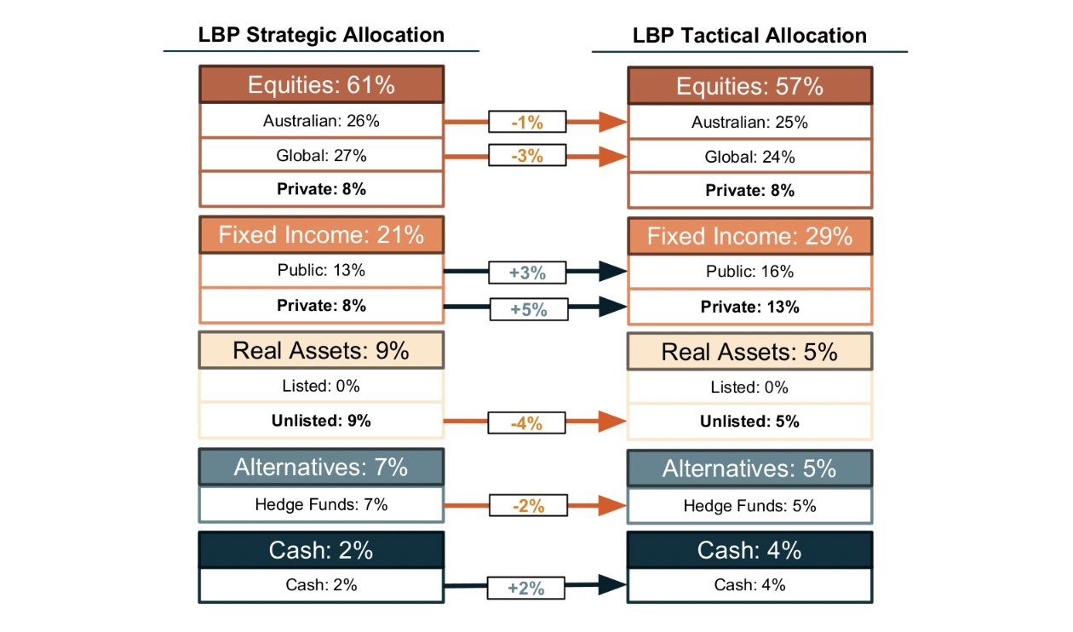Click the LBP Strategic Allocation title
[x=321, y=35]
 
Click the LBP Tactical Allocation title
[x=749, y=36]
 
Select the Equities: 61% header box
[x=321, y=84]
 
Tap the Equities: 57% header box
[x=749, y=86]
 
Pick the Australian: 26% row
[x=321, y=121]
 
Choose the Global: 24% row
[x=749, y=157]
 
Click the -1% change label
[x=527, y=123]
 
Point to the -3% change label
[x=527, y=156]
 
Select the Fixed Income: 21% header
[x=321, y=234]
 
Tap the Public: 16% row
[x=749, y=272]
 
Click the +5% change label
[x=528, y=309]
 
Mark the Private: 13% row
[x=749, y=307]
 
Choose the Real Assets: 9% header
[x=321, y=350]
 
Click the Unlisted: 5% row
[x=749, y=421]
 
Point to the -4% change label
[x=527, y=422]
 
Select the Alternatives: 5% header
[x=749, y=468]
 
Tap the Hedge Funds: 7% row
[x=321, y=504]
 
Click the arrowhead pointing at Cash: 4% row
[x=613, y=584]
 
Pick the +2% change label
[x=526, y=588]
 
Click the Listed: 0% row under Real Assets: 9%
[x=321, y=386]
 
